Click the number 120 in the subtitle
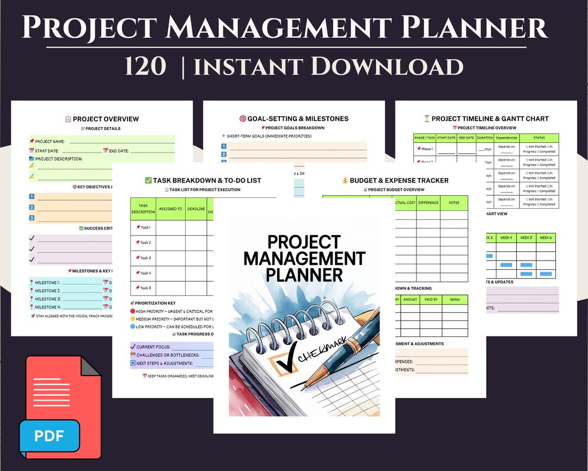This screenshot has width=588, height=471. [x=145, y=67]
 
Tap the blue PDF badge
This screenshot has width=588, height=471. [x=50, y=435]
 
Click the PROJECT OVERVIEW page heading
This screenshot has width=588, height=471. [x=102, y=119]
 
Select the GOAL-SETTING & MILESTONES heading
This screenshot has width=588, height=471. [x=294, y=118]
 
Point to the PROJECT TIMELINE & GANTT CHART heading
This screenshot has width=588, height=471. [x=486, y=118]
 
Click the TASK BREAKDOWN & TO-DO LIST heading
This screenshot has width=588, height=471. [x=203, y=180]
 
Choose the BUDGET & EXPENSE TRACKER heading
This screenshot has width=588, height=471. [x=395, y=180]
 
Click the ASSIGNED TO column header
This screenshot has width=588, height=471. [x=171, y=209]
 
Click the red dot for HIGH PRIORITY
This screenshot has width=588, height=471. [x=133, y=311]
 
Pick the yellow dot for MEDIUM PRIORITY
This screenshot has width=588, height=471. [x=133, y=319]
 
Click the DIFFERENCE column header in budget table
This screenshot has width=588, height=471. [x=428, y=203]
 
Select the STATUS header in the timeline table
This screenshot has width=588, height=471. [x=539, y=138]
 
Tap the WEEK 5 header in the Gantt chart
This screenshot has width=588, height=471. [x=526, y=238]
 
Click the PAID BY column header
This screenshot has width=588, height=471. [x=430, y=299]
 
